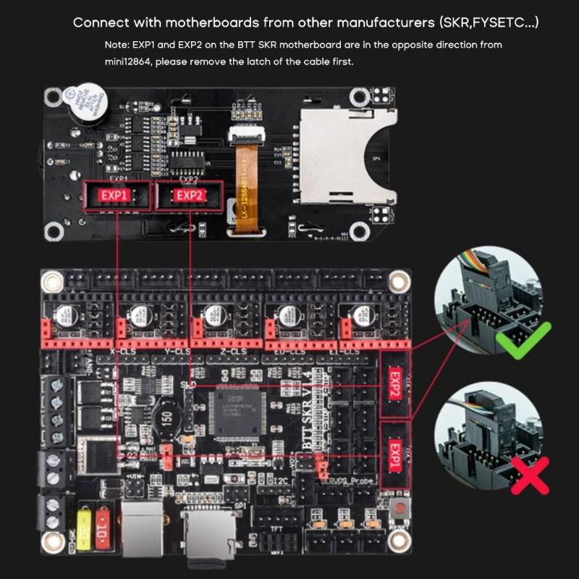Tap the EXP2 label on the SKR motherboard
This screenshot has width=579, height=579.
[394, 386]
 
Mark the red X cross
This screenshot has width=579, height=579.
[530, 475]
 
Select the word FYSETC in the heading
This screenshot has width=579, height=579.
[496, 22]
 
